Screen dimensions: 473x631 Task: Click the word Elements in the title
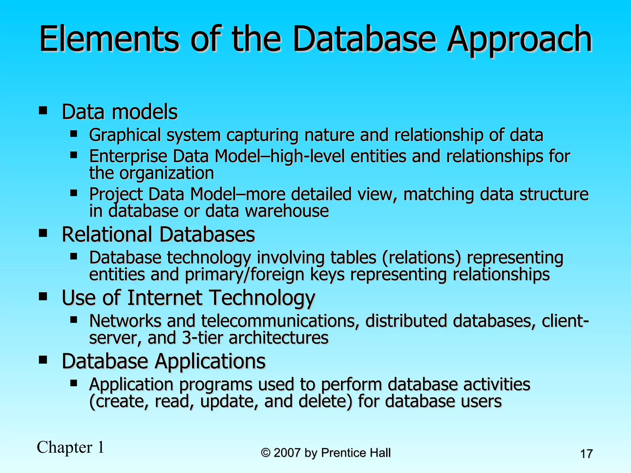pos(109,39)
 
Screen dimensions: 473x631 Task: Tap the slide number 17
pos(586,454)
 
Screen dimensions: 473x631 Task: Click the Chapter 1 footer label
pos(71,447)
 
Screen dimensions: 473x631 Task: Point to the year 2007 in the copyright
pos(287,453)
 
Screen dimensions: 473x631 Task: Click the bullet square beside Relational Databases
pos(43,233)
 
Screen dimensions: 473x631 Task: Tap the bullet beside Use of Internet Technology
pos(43,297)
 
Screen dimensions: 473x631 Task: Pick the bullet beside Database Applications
pos(43,360)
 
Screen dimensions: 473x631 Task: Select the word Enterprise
pos(128,156)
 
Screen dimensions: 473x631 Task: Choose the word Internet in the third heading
pos(165,298)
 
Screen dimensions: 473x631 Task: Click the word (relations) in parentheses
pos(421,257)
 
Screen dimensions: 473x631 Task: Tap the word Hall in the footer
pos(380,453)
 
